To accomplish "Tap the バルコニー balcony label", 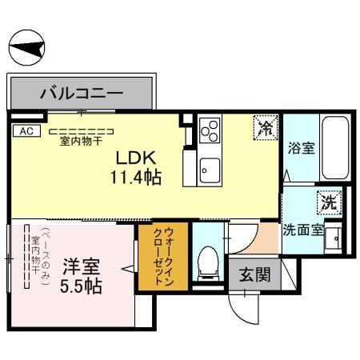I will (x=82, y=94).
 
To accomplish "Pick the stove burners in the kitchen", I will (x=210, y=130).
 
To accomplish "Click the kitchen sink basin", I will (x=210, y=169).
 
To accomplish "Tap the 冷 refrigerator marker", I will (x=266, y=126).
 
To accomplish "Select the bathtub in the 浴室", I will (x=334, y=150).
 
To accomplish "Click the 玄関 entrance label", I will (x=255, y=274).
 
